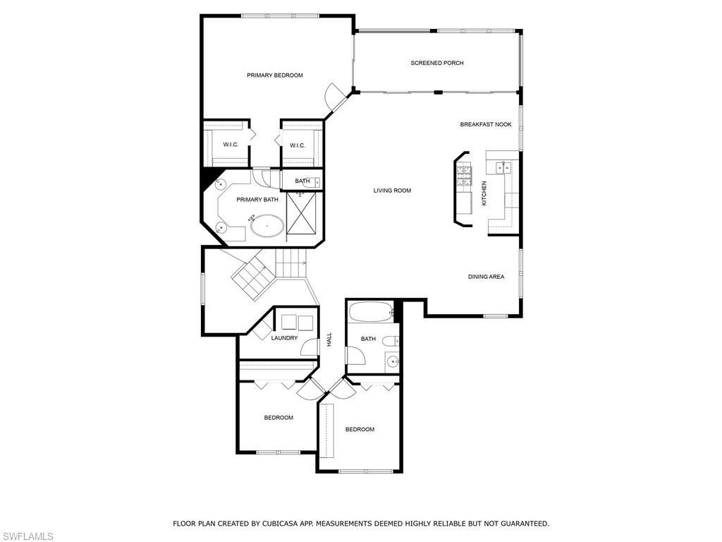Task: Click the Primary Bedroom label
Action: pos(275,75)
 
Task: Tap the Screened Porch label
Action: pos(437,63)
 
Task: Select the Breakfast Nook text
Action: pos(486,124)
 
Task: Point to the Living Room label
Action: pos(392,191)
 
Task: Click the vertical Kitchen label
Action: pos(484,193)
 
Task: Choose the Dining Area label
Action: pos(487,277)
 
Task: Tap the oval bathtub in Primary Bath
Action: pos(267,226)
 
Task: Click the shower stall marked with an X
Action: pos(302,213)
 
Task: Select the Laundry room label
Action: pos(285,338)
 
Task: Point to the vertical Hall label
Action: pos(329,339)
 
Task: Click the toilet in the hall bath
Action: pos(391,341)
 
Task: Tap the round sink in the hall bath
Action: pos(393,361)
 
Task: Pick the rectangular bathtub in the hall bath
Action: pos(371,312)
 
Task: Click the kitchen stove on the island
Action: pos(464,176)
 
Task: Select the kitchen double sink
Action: pos(503,167)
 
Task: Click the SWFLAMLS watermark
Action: pos(27,536)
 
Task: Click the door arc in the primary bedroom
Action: pos(334,95)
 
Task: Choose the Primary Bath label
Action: pos(257,200)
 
